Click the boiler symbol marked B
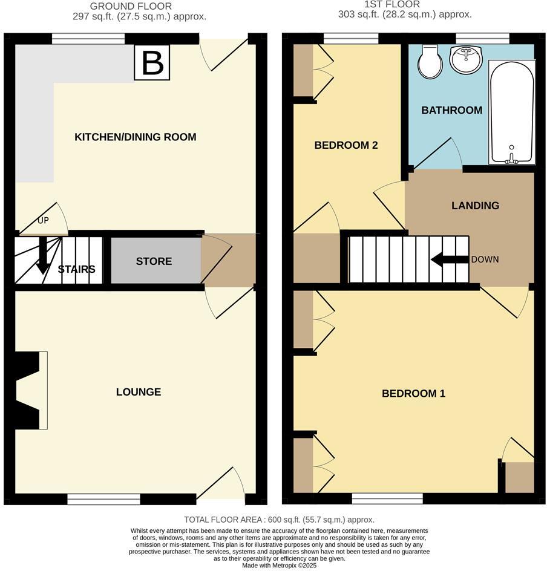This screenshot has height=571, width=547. pos(152,62)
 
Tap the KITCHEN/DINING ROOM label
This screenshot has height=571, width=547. pos(135,137)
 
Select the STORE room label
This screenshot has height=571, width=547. pos(154,261)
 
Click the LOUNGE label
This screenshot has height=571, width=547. pos(139,392)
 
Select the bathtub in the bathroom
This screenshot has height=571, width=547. pos(511,112)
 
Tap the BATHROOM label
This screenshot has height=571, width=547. pos(451,110)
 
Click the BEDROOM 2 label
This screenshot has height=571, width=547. pos(346,145)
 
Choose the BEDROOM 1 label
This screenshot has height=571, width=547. pos(413,394)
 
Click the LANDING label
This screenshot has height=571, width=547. pos(475,206)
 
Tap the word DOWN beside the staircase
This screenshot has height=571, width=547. pos(485,259)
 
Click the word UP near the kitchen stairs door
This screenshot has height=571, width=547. pos(43,220)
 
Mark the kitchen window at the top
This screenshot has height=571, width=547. pos(88,39)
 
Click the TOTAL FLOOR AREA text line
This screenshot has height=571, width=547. pos(279,520)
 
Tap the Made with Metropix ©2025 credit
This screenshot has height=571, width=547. pos(279,566)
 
